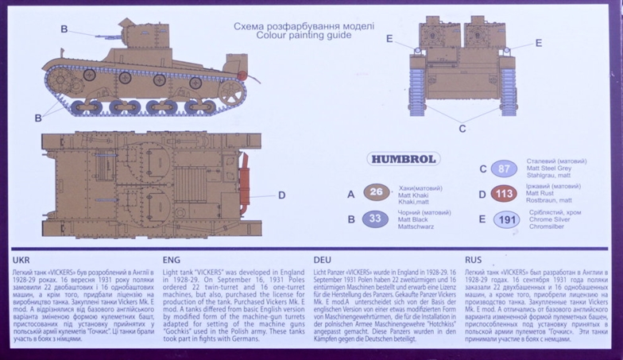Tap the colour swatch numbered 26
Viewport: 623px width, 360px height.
(x=377, y=192)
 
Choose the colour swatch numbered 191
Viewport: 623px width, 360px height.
(x=505, y=220)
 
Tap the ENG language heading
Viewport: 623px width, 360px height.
(x=171, y=260)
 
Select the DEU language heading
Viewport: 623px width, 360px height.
(x=323, y=260)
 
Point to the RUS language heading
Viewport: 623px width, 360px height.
(x=474, y=260)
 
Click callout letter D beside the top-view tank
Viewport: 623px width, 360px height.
(x=281, y=195)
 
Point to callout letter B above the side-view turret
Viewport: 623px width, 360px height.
(x=64, y=29)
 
